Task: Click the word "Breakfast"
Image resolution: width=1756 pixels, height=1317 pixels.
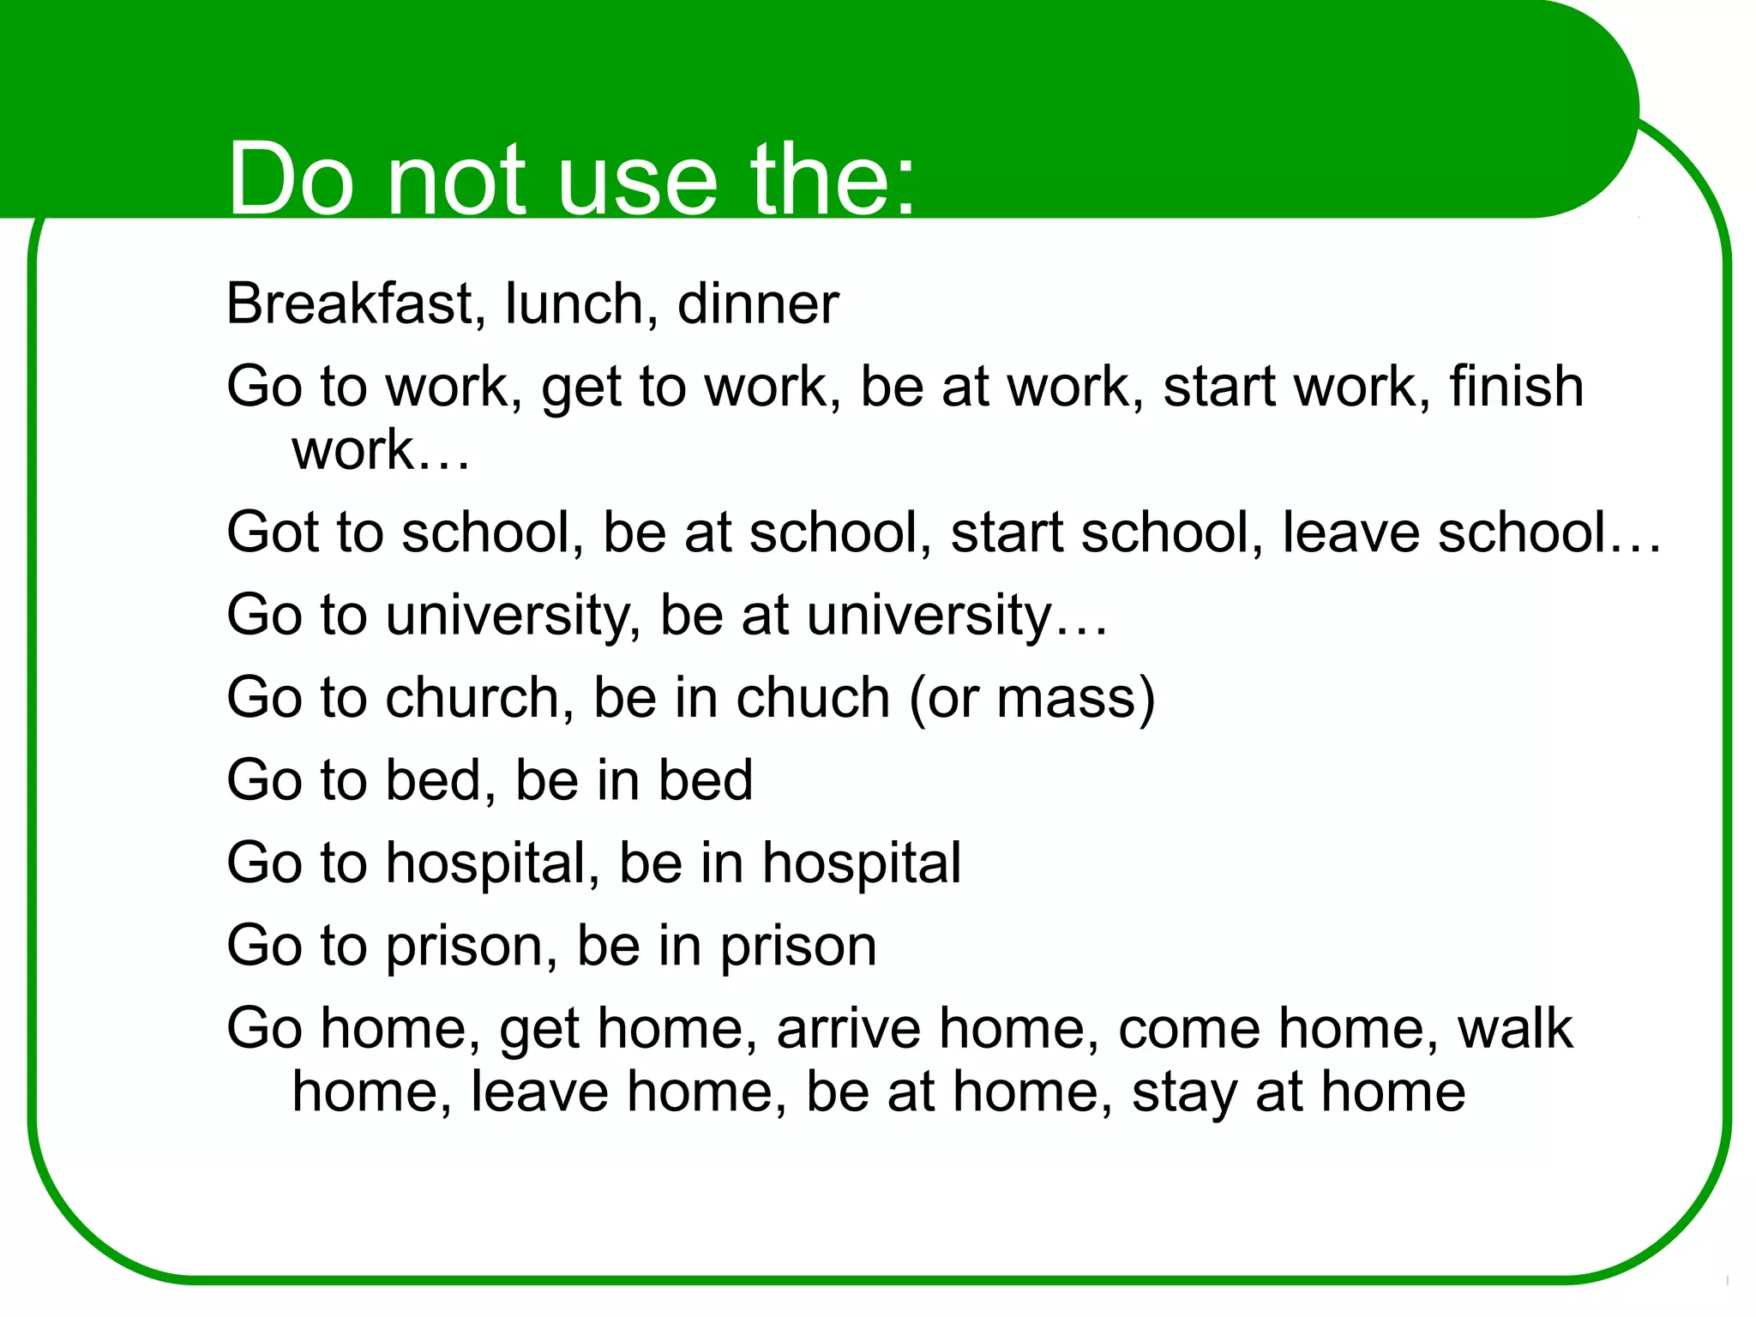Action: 350,304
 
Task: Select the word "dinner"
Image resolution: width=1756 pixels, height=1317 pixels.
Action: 757,304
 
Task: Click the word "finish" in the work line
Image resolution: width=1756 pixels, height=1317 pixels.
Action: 1516,387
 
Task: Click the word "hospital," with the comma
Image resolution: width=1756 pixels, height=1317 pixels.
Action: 492,864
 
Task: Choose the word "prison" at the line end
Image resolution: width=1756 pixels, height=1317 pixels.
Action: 797,947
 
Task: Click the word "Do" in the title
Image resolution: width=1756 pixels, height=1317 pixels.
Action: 290,180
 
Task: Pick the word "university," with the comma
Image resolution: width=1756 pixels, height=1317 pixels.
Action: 513,616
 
